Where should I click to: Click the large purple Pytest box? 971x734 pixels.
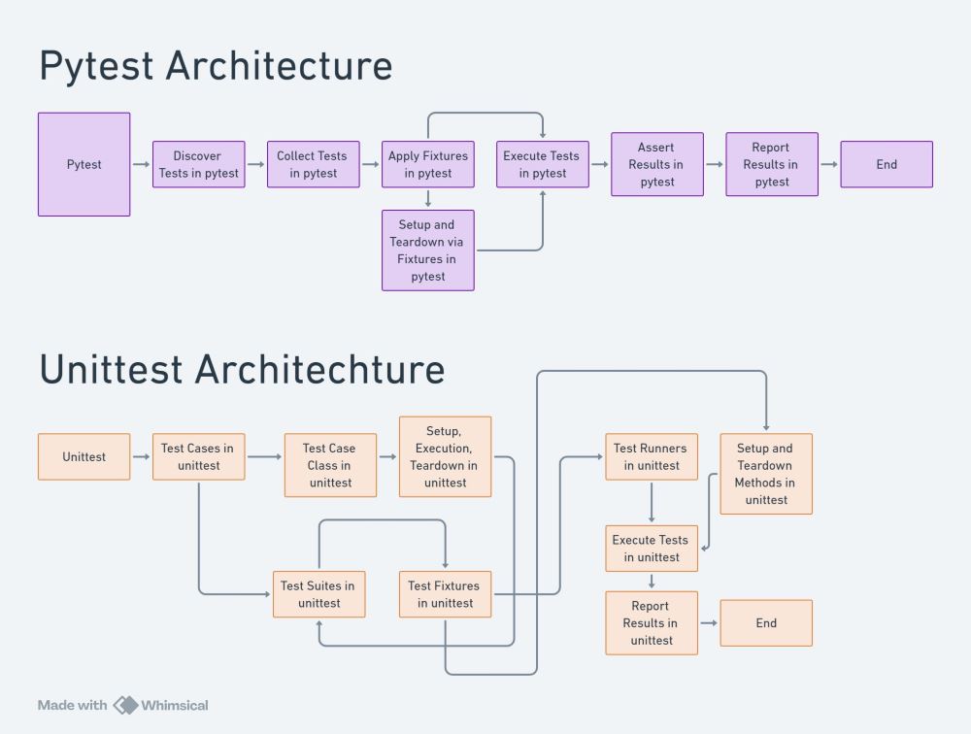[84, 164]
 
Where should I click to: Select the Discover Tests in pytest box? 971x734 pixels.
[198, 164]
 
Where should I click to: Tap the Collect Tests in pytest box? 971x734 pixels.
[313, 164]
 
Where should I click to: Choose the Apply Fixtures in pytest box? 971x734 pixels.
[427, 164]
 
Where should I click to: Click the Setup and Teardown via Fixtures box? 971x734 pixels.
[427, 250]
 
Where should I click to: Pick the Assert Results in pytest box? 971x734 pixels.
[656, 164]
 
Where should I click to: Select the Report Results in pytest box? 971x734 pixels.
[771, 164]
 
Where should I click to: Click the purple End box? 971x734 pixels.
[886, 164]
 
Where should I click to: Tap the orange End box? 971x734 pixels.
[765, 623]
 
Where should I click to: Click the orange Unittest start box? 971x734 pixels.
[84, 456]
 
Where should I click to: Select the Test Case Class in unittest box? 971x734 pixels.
[330, 465]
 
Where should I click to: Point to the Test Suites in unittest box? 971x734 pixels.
[318, 594]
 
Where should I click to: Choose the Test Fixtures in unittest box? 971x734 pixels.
[445, 594]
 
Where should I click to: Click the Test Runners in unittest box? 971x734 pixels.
[651, 456]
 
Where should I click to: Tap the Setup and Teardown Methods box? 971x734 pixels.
[765, 474]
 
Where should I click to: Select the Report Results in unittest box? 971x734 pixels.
[651, 623]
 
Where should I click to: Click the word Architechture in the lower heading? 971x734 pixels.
[319, 369]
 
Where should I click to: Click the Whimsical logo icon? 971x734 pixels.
[126, 705]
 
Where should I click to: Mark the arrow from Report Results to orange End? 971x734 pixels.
[709, 623]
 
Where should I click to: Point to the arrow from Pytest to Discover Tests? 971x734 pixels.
[142, 164]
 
